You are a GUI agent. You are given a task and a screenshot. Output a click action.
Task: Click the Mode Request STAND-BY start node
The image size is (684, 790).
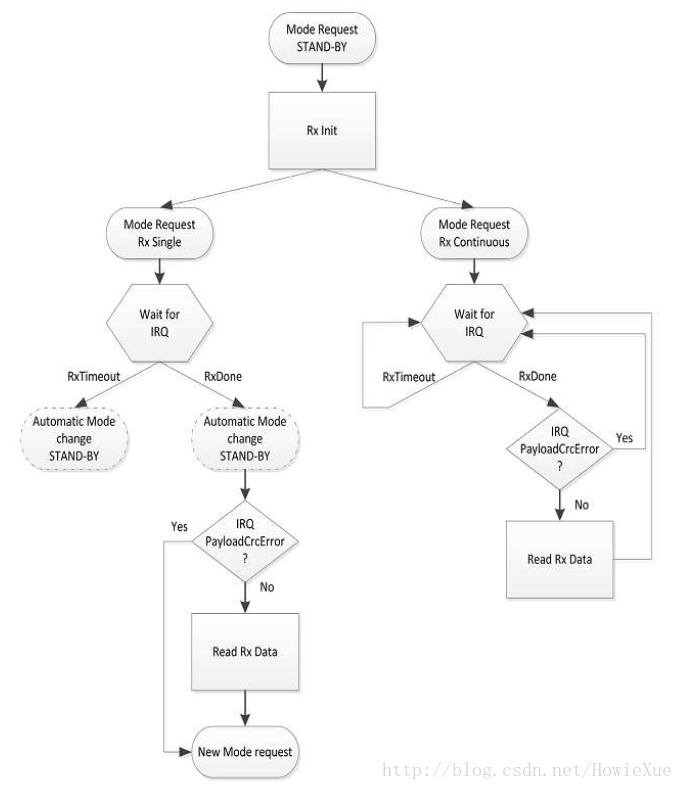[322, 38]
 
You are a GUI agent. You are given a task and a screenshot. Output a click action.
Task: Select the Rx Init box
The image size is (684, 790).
[322, 130]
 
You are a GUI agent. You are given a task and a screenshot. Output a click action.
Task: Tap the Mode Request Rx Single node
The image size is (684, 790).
[160, 233]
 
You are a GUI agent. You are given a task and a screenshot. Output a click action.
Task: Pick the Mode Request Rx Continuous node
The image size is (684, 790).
[474, 233]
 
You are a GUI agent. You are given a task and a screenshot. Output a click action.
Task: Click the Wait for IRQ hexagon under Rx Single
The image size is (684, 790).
[160, 323]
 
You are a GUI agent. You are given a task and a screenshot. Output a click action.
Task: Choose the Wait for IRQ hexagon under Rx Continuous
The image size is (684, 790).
[474, 323]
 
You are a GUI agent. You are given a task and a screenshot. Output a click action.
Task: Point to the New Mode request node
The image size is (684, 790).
[245, 752]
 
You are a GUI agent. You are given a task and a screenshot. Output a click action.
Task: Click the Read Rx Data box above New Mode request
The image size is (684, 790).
[245, 652]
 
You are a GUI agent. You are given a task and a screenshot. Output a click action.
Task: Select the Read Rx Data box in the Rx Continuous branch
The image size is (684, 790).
[560, 560]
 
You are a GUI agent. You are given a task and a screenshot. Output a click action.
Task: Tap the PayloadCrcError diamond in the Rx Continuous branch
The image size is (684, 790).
[560, 448]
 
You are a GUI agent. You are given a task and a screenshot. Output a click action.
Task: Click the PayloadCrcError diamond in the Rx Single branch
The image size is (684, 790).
[245, 541]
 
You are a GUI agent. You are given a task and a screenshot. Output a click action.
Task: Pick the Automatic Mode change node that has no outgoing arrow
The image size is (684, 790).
[74, 439]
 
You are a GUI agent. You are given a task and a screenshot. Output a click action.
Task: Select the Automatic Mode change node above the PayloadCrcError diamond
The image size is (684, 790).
[245, 439]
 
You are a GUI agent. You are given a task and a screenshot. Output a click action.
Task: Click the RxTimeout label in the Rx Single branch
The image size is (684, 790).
[94, 376]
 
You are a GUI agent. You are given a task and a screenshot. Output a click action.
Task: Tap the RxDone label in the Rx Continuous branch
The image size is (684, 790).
[537, 376]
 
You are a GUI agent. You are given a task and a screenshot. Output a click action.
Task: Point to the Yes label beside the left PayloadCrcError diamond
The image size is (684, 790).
[179, 526]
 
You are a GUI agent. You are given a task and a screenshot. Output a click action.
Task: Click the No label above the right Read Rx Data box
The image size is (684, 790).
[582, 505]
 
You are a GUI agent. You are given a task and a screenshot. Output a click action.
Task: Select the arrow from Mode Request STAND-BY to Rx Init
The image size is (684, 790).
[322, 78]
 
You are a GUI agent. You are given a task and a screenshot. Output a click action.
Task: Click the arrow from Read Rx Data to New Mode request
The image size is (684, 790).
[245, 708]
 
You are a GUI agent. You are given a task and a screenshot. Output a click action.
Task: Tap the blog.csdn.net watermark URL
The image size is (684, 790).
[527, 770]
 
